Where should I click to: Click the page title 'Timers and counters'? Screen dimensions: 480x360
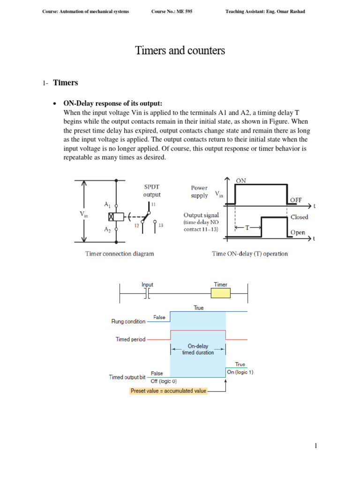tap(180, 51)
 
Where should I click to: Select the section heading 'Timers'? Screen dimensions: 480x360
tap(66, 83)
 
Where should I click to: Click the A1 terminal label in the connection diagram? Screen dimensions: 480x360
tap(107, 204)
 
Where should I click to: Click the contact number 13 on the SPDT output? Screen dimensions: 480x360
tap(161, 225)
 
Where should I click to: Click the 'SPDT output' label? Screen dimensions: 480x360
tap(151, 190)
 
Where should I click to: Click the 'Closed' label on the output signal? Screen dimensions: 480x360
tap(299, 217)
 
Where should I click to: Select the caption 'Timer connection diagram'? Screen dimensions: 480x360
tap(120, 254)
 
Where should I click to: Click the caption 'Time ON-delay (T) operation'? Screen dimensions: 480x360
tap(250, 254)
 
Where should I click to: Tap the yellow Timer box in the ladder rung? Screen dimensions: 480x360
tap(220, 293)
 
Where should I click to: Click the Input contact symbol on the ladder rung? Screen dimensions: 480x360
tap(147, 293)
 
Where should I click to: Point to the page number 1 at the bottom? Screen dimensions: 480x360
tap(316, 446)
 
